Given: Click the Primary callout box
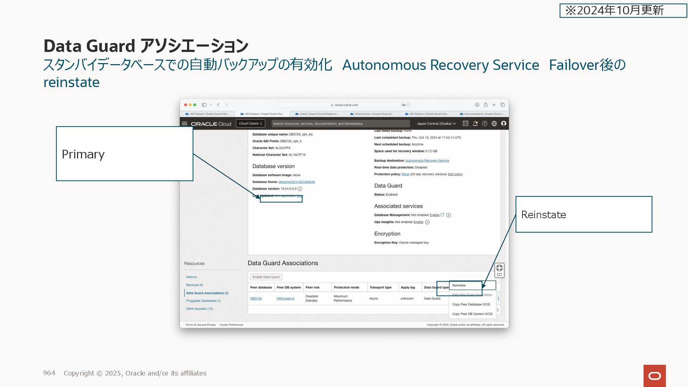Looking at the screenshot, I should pos(124,153).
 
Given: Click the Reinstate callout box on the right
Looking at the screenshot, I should pos(583,214).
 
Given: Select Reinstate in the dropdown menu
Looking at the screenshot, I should pos(459,286).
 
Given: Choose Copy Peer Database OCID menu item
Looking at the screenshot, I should pos(471,305).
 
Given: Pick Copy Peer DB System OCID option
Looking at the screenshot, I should pos(472,314).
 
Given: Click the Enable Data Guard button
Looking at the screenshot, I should pos(266,277).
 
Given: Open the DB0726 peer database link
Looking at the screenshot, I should pos(256,298).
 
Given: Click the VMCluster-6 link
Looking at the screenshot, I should pos(285,298).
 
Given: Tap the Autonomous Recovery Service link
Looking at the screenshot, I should pos(427,161).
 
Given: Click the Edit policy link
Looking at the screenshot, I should pos(455,174).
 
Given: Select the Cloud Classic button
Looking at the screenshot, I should pos(250,124).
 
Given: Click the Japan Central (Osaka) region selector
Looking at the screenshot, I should pos(436,124).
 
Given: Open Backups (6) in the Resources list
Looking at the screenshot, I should pos(195,285).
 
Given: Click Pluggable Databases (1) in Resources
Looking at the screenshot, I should pos(203,301).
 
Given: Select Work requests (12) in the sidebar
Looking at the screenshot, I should pos(199,309).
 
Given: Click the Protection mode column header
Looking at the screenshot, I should pos(346,287).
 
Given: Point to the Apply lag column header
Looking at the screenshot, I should pos(407,287).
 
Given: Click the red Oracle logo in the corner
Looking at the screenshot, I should pos(654,376).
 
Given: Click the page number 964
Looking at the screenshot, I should pos(49,373).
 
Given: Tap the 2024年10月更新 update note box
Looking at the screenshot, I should pos(623,10).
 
